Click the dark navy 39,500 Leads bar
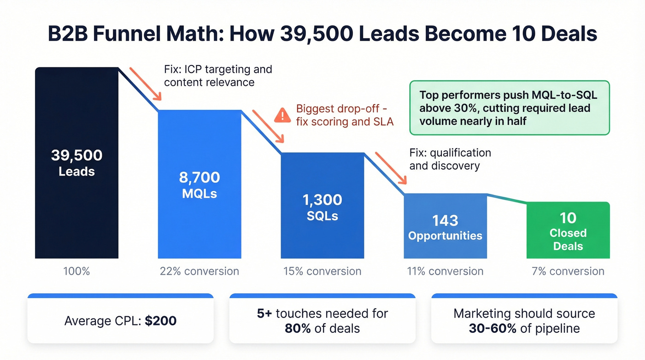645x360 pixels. [76, 163]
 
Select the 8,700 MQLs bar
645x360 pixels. [199, 184]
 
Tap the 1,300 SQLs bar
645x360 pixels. [322, 206]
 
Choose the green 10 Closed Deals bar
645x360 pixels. [568, 230]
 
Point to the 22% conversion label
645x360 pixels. [199, 271]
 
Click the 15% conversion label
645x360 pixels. [322, 271]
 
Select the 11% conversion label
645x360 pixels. [445, 271]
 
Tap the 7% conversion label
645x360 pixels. [568, 271]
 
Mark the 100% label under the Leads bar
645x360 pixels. [76, 271]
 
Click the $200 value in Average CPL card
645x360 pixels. [160, 321]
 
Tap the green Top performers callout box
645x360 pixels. [509, 108]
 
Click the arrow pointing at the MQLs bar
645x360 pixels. [145, 83]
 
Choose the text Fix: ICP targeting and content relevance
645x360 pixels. [217, 76]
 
